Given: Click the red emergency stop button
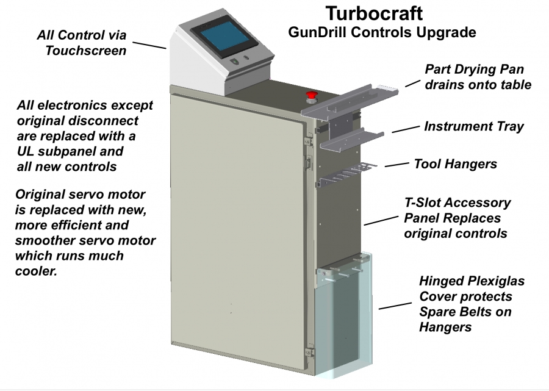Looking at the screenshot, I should click(311, 96).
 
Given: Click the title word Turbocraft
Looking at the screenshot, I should click(373, 13).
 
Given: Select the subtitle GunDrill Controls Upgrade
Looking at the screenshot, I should click(382, 32).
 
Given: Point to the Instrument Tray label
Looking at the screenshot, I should click(473, 127).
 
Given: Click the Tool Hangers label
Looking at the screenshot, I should click(455, 163).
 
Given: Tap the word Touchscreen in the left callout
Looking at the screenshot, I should click(85, 51).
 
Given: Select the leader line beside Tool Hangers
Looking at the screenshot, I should click(396, 164).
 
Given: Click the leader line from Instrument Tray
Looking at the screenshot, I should click(404, 129).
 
